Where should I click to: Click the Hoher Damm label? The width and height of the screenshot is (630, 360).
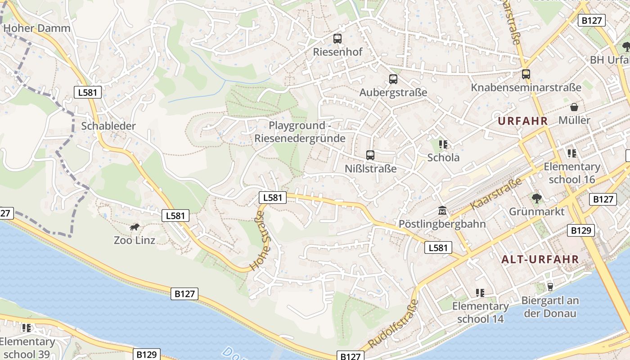coord(37,28)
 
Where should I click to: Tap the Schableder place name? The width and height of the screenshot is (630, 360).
coord(108,126)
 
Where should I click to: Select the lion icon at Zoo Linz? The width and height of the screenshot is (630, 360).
coord(135,227)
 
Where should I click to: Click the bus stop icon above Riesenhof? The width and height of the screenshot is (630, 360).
coord(337,39)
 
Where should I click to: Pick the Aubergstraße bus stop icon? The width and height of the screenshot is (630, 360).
coord(393,79)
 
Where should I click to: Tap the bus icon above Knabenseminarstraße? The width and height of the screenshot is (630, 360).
coord(526,74)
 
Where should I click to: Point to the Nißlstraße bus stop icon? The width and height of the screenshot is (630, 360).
coord(370,155)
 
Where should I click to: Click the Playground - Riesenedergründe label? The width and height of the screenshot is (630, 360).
coord(300,132)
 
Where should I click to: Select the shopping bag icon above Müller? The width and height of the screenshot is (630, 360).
coord(574,107)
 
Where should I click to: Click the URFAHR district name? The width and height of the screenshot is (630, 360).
coord(522,121)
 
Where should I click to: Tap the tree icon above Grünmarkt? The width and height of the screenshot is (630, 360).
coord(536,198)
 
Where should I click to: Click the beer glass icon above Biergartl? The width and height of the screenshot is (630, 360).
coord(549,287)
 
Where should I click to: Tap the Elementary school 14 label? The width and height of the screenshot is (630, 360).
coord(480,312)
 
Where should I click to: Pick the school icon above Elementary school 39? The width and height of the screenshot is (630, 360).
coord(27,328)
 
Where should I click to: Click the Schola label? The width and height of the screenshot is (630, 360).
coord(443,157)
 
